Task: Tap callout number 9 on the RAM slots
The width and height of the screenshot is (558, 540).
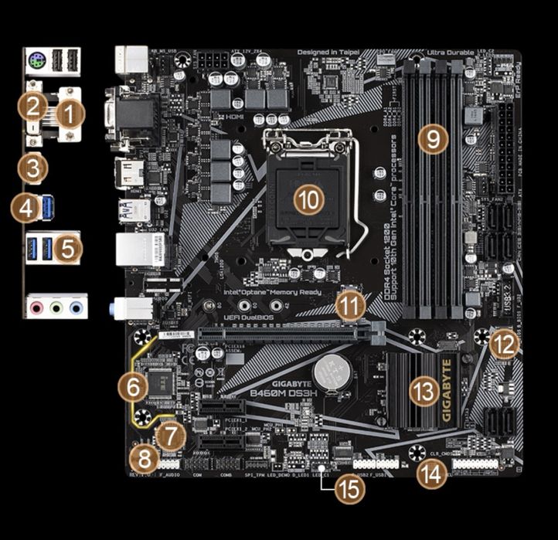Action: (433, 140)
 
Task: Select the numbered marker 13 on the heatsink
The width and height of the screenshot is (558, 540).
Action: (424, 392)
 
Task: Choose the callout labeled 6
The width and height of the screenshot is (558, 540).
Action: (133, 385)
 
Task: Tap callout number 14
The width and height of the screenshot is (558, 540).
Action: (430, 474)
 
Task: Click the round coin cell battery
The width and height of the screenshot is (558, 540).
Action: (335, 373)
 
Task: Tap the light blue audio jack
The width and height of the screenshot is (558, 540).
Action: (76, 307)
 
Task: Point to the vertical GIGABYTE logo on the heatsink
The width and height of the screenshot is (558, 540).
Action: (447, 390)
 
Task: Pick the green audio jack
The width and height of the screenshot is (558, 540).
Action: (56, 307)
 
